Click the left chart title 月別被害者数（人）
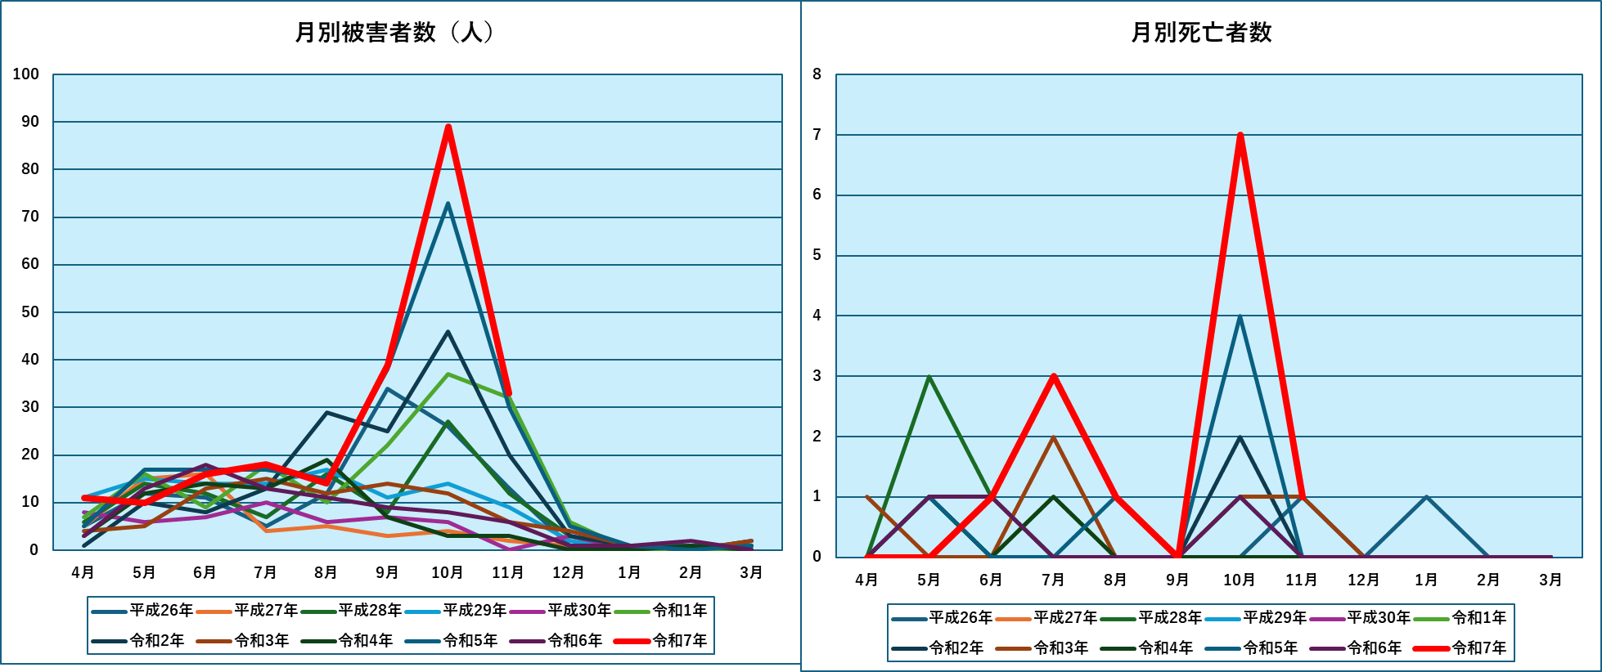pos(394,33)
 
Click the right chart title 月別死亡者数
pos(1200,33)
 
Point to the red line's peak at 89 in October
pos(448,127)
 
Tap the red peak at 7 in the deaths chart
pos(1240,135)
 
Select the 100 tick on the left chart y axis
pos(26,74)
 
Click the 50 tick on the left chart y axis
pos(29,312)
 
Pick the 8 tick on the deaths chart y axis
pos(817,74)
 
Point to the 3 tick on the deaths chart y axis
pos(817,376)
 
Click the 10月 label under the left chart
pos(448,572)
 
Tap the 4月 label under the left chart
pos(83,572)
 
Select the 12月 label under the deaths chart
pos(1364,580)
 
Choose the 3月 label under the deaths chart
pos(1550,580)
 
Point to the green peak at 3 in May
pos(929,376)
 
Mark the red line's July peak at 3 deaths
pos(1054,376)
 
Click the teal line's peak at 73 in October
pos(448,204)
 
